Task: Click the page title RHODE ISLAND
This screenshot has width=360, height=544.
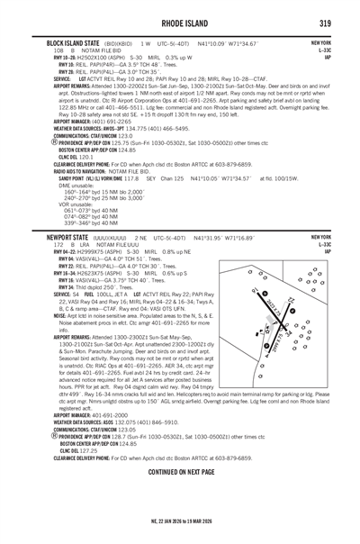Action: click(179, 24)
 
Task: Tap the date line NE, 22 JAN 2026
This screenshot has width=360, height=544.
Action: click(179, 523)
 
